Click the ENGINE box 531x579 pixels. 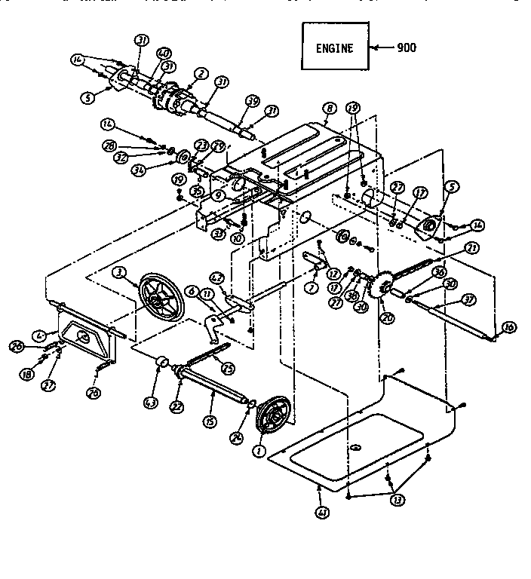pos(333,48)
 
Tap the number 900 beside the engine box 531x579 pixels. pos(406,47)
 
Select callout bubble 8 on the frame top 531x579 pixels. pos(329,109)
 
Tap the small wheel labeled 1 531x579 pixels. pos(270,417)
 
